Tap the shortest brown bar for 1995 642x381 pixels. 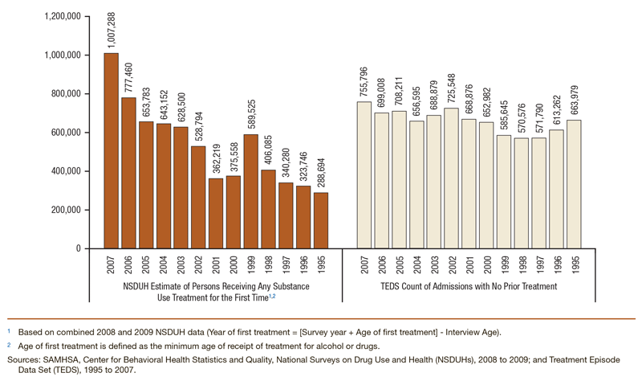(321, 220)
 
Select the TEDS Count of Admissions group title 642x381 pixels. (469, 287)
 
